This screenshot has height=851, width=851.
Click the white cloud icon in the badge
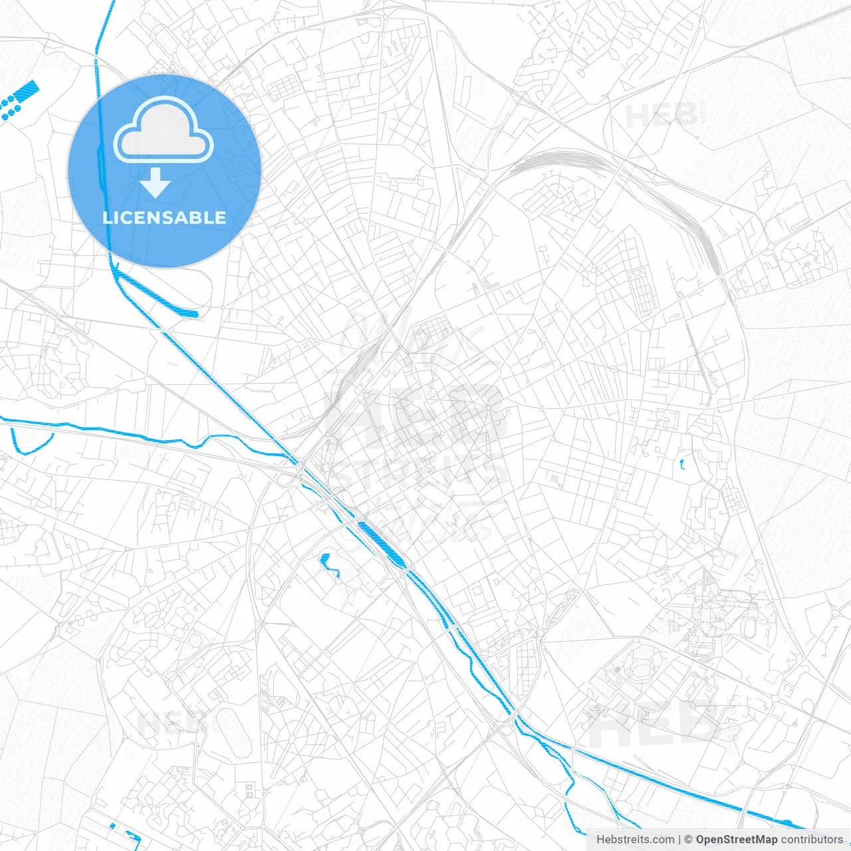(164, 130)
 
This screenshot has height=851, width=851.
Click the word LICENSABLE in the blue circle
(164, 217)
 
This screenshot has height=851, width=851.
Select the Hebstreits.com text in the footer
(635, 840)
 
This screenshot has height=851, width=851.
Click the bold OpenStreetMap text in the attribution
(736, 840)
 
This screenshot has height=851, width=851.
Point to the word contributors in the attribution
(811, 840)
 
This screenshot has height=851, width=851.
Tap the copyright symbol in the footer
(689, 840)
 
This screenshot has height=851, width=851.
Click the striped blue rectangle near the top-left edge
(29, 89)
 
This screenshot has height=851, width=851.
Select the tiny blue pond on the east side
(681, 464)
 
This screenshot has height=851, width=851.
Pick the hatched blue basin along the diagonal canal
(381, 544)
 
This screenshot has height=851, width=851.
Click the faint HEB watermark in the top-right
(661, 116)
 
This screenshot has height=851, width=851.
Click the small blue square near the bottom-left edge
(112, 826)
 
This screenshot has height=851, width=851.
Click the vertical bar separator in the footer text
(678, 840)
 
